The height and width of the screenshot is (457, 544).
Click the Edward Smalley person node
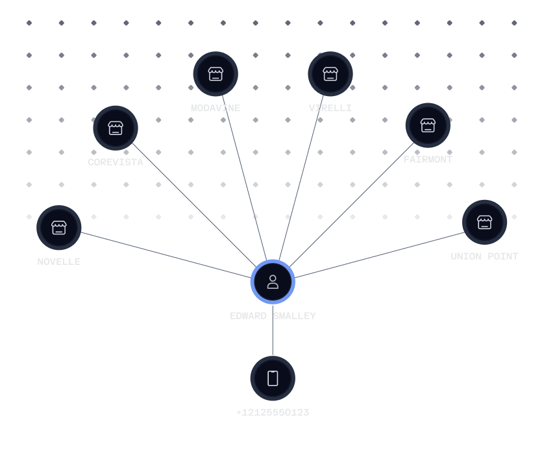click(273, 282)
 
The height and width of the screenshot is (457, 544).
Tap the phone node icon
click(273, 378)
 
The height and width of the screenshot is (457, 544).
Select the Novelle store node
click(59, 228)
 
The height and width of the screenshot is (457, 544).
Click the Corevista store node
click(116, 128)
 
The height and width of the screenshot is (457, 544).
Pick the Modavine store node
click(216, 74)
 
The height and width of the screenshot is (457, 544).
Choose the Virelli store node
click(330, 74)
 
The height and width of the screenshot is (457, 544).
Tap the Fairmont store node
click(428, 125)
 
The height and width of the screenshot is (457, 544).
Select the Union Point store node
click(484, 223)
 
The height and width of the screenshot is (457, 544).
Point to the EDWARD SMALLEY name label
click(273, 316)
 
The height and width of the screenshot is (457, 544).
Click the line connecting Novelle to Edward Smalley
click(166, 254)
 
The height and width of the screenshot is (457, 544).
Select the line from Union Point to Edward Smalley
click(380, 254)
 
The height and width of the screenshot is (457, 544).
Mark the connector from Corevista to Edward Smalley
click(195, 205)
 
